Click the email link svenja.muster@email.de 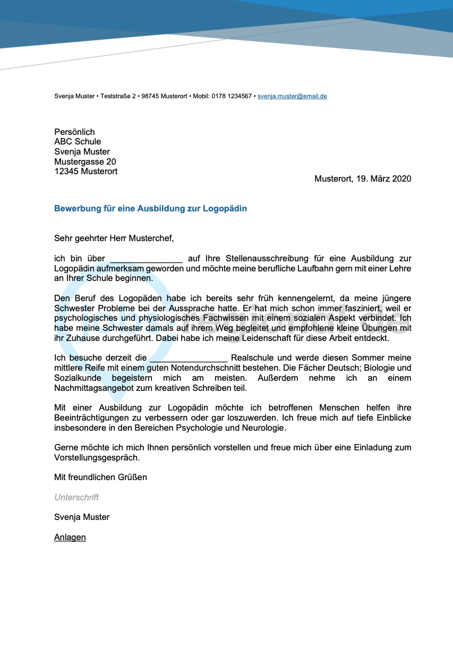coord(292,96)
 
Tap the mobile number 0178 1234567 coord(232,96)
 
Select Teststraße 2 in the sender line coord(117,96)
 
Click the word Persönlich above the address coord(74,132)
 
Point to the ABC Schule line coord(78,142)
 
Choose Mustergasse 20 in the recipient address coord(85,161)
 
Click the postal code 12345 coord(66,172)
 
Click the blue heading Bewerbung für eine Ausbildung coord(150,209)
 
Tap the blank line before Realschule coord(189,358)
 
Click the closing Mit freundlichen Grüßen coord(100,477)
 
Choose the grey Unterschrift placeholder coord(76,498)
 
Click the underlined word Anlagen coord(70,537)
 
